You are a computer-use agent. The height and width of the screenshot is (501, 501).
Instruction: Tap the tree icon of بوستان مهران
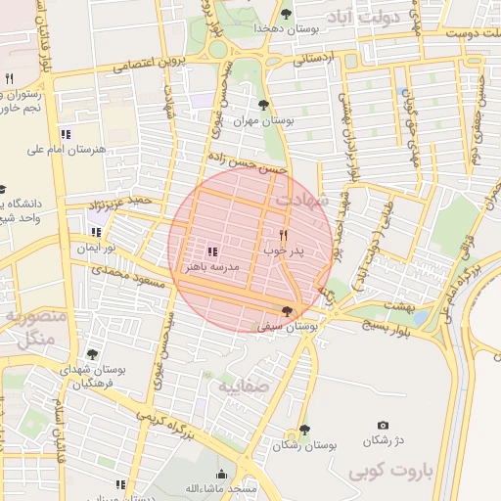pos(262,104)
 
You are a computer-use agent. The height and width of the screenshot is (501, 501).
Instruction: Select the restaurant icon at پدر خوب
pos(284,235)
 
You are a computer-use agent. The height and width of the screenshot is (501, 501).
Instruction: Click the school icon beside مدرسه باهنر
pos(212,251)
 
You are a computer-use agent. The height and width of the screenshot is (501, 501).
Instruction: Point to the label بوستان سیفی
pos(286,326)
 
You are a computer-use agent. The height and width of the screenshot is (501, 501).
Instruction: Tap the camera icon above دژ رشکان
pos(383,426)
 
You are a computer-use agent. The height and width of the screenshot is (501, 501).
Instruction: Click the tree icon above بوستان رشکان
pos(304,430)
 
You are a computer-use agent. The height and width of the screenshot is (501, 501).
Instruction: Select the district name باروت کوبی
pos(390,471)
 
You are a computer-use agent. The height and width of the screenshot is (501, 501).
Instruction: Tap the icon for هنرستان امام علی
pos(67,134)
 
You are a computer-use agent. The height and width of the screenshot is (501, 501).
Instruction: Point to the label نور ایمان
pos(98,249)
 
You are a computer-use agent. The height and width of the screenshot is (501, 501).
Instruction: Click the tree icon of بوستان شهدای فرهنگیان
pos(92,354)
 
